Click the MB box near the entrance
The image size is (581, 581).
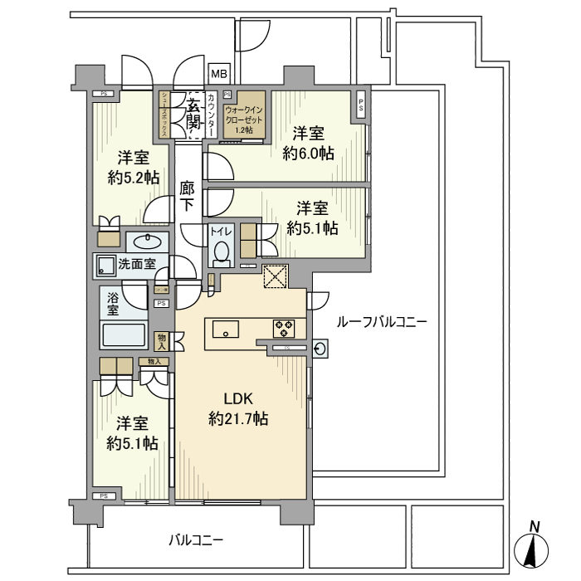coord(218,75)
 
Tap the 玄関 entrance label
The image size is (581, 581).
coord(192,115)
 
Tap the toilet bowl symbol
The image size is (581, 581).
coord(221,250)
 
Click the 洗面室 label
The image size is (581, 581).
coord(133,266)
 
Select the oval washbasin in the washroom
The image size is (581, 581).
coord(148,242)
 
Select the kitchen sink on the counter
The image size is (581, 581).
coord(225,330)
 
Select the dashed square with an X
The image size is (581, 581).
coord(274,276)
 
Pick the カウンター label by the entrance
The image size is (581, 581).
coord(212,115)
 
